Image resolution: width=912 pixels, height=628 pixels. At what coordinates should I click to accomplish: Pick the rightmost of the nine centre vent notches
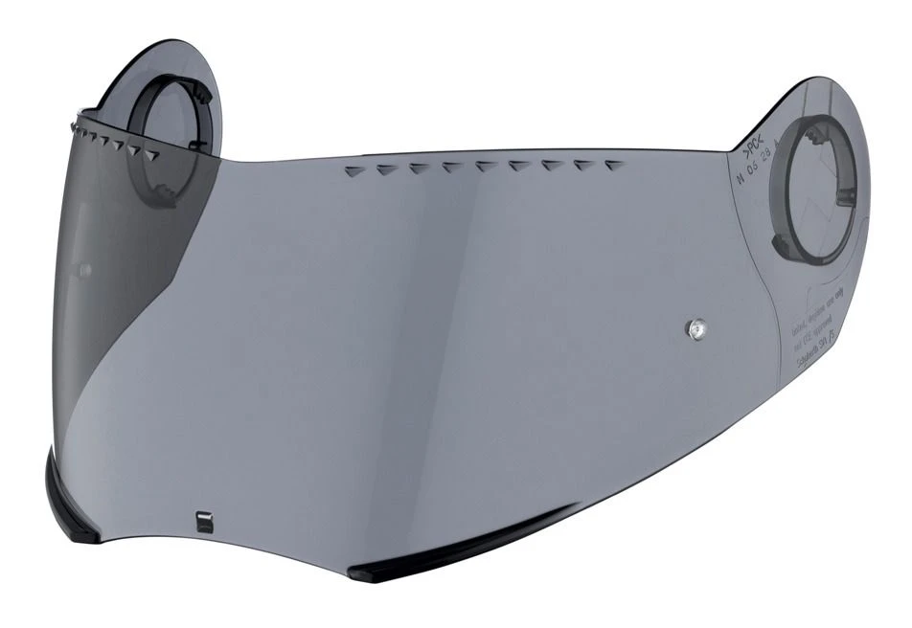tap(614, 164)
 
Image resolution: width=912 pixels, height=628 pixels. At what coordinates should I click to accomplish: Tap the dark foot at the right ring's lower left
tap(791, 252)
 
